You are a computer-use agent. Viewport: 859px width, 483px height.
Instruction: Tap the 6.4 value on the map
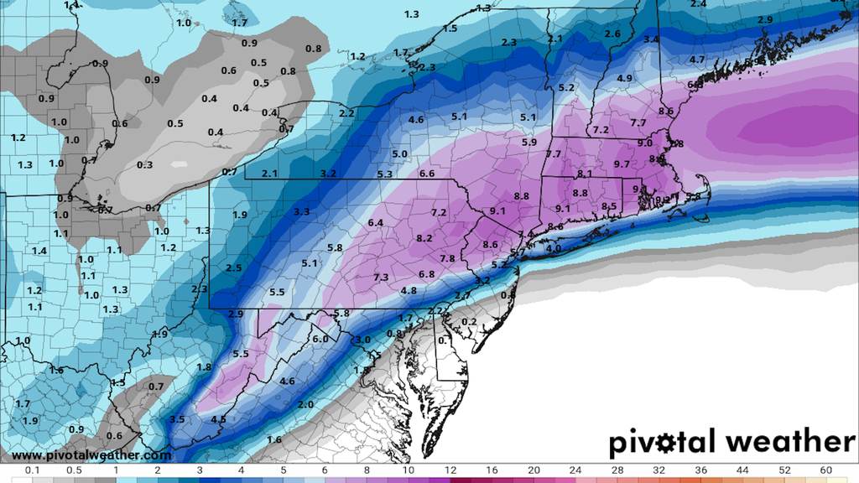[375, 222]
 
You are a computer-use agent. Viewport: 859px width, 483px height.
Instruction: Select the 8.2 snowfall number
[424, 238]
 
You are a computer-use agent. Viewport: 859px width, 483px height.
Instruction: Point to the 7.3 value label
[380, 278]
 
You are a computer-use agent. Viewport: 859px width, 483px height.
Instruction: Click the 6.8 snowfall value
[426, 274]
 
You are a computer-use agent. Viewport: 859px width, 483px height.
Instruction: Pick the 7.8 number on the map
[447, 258]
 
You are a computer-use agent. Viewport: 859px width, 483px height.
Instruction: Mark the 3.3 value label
[302, 211]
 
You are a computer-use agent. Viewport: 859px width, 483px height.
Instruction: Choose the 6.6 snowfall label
[426, 174]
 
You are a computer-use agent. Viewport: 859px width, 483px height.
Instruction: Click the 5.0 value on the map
[399, 154]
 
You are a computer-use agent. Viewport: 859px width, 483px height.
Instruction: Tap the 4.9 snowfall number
[624, 78]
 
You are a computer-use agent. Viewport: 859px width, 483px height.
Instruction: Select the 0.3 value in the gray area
[144, 165]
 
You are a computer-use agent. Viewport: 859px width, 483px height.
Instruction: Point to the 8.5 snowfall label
[610, 206]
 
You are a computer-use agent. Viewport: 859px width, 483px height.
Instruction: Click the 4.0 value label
[553, 249]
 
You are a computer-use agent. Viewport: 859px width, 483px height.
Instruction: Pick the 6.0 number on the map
[320, 339]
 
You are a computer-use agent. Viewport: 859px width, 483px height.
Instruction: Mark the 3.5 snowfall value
[177, 419]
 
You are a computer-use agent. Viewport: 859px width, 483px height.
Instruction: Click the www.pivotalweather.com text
[92, 455]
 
